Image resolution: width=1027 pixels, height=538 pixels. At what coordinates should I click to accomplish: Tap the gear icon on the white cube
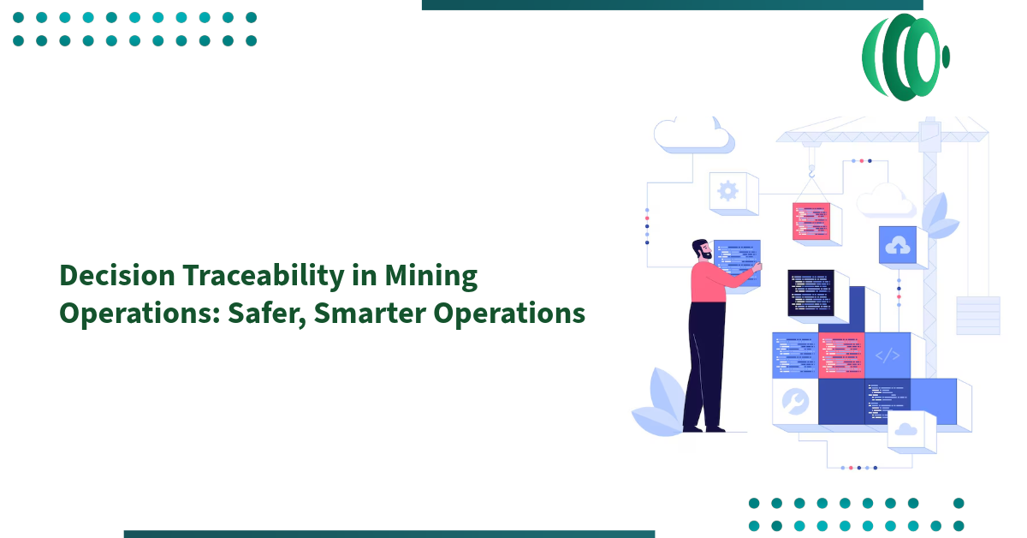click(x=727, y=190)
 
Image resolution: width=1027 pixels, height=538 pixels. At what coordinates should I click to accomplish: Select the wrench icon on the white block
click(x=794, y=401)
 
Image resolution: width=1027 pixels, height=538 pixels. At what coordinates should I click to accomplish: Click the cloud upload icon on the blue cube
click(x=898, y=246)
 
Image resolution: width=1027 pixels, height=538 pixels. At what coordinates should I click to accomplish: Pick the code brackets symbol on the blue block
click(x=887, y=356)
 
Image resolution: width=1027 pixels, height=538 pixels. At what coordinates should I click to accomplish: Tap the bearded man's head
click(x=702, y=249)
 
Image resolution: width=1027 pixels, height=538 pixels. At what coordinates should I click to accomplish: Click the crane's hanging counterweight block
click(x=977, y=314)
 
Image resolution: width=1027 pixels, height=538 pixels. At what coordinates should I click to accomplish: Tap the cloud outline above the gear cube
click(x=692, y=135)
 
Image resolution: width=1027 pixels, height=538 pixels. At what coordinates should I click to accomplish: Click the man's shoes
click(x=703, y=427)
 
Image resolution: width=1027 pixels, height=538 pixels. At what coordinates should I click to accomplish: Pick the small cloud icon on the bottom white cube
click(x=905, y=431)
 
